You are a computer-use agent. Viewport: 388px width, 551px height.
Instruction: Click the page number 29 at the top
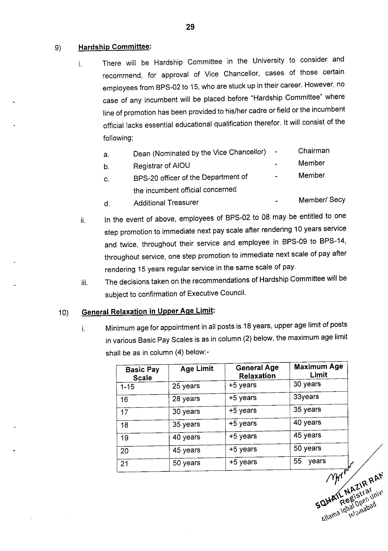[190, 27]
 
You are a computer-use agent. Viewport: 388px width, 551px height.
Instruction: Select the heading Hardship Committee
[114, 47]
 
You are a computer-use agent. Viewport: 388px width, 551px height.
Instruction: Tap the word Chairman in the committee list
[314, 151]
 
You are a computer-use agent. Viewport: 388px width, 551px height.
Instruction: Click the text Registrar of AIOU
[161, 166]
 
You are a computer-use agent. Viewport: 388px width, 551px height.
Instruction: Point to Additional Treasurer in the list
[166, 203]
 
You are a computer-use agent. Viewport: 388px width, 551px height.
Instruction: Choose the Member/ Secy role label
[322, 200]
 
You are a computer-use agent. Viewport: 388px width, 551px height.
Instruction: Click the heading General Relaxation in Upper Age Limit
[147, 311]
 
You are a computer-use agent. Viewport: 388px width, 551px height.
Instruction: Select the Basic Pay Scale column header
[142, 373]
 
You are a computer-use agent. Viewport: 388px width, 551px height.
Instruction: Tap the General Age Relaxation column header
[257, 372]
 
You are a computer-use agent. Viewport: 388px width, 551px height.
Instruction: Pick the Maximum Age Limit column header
[318, 371]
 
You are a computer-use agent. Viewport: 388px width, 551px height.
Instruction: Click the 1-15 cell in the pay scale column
[127, 387]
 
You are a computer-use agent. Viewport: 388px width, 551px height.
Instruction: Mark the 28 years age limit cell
[186, 399]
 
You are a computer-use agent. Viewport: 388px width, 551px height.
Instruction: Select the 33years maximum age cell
[306, 397]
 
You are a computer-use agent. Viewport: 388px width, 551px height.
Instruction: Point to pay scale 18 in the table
[124, 425]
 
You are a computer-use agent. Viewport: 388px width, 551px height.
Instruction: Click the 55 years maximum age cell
[309, 461]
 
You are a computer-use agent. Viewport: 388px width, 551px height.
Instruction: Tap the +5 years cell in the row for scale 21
[243, 462]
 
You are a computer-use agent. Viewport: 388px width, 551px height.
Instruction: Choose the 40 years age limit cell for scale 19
[186, 437]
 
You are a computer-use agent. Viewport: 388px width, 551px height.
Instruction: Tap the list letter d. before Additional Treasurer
[107, 204]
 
